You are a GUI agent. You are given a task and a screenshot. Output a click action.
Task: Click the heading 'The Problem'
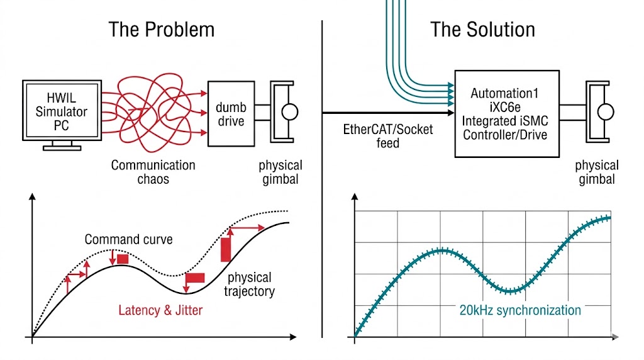point(161,30)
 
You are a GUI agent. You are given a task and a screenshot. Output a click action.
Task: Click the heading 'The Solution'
point(482,30)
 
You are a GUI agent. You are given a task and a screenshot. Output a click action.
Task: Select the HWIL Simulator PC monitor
point(62,111)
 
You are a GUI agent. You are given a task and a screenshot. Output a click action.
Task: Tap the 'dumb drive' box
point(231,113)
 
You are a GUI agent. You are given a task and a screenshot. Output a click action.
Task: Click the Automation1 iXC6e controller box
point(506,113)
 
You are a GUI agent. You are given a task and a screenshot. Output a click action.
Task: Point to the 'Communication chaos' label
point(153,172)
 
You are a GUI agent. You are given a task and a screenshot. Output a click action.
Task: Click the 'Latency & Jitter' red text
point(160,310)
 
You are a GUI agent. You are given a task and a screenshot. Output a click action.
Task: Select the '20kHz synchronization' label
point(519,310)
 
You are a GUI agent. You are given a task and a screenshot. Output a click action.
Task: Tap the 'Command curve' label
point(128,240)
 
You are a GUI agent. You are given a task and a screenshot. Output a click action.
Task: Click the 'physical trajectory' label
point(249,284)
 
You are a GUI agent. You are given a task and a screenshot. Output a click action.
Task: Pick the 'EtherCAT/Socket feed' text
point(388,136)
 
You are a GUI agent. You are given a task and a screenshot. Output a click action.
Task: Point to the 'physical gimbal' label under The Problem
point(280,172)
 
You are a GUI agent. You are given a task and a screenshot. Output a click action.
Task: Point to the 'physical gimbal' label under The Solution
point(597,172)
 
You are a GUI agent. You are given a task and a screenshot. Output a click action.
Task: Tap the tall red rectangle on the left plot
point(226,249)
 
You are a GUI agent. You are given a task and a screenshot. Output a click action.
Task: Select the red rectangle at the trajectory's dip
point(195,278)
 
